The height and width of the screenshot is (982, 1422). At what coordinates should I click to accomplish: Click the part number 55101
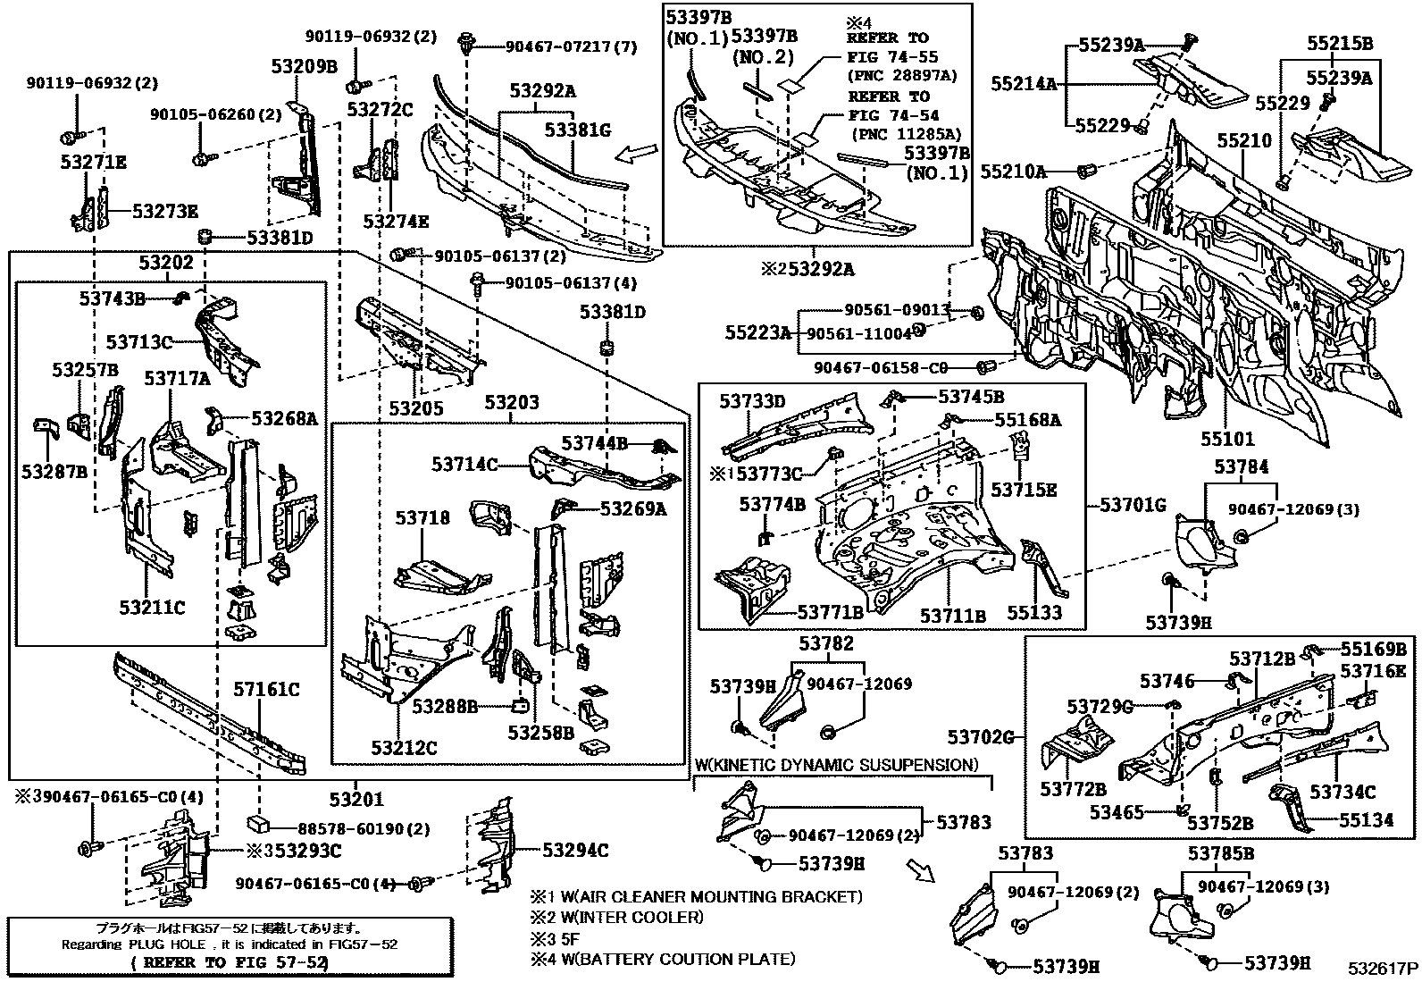pyautogui.click(x=1226, y=439)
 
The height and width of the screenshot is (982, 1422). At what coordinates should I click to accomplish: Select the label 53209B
pyautogui.click(x=305, y=65)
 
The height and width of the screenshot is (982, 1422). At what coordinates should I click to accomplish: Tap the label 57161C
pyautogui.click(x=266, y=689)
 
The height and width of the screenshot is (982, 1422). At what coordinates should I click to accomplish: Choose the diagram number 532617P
pyautogui.click(x=1383, y=968)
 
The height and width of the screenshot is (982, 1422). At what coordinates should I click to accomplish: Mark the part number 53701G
pyautogui.click(x=1133, y=505)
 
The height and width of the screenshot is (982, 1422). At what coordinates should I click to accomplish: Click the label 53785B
pyautogui.click(x=1221, y=853)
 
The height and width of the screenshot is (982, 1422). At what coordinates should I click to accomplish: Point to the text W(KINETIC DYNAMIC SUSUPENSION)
pyautogui.click(x=836, y=765)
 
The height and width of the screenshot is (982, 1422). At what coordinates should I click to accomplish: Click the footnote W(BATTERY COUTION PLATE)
pyautogui.click(x=663, y=959)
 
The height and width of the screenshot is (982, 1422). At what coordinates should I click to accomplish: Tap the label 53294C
pyautogui.click(x=575, y=850)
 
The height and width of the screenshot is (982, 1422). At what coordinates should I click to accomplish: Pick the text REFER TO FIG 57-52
pyautogui.click(x=229, y=962)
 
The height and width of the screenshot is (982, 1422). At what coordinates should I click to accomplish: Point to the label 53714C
pyautogui.click(x=464, y=464)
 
